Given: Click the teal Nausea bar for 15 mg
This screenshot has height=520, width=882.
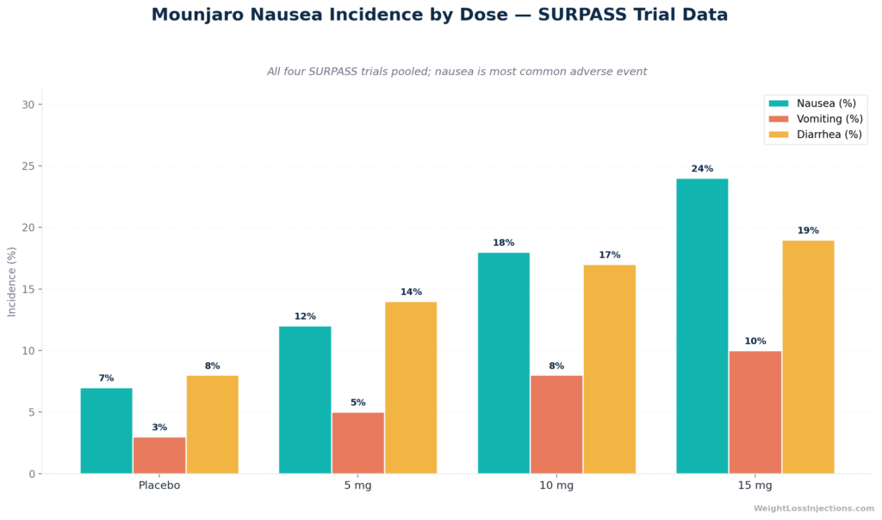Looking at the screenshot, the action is point(702,326).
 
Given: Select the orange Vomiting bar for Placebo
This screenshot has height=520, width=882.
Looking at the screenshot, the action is point(159,455).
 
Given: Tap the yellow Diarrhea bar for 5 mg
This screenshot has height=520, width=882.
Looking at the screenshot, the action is point(411,387).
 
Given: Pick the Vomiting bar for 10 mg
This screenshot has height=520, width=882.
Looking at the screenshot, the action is point(556,424).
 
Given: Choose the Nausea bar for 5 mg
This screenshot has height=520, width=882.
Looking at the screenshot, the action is point(305,400).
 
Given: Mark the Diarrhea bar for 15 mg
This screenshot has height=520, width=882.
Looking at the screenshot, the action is point(808,357).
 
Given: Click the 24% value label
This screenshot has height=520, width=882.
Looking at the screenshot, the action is point(702,168).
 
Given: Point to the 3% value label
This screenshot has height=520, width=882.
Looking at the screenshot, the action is point(159,428).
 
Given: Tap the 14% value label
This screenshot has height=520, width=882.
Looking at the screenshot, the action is point(411,291).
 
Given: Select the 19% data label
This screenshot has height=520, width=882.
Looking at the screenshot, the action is point(808,230).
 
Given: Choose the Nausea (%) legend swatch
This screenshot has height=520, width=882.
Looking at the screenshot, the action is point(779,103).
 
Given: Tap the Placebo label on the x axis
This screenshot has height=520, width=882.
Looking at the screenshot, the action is point(159,486).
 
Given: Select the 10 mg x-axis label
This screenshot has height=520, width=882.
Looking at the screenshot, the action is point(556,486).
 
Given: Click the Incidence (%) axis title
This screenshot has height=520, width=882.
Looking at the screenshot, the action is point(11,282).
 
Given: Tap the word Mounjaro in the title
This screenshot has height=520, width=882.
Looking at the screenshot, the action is point(197,15).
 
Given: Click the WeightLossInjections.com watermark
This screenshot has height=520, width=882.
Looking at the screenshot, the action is point(814,508).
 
